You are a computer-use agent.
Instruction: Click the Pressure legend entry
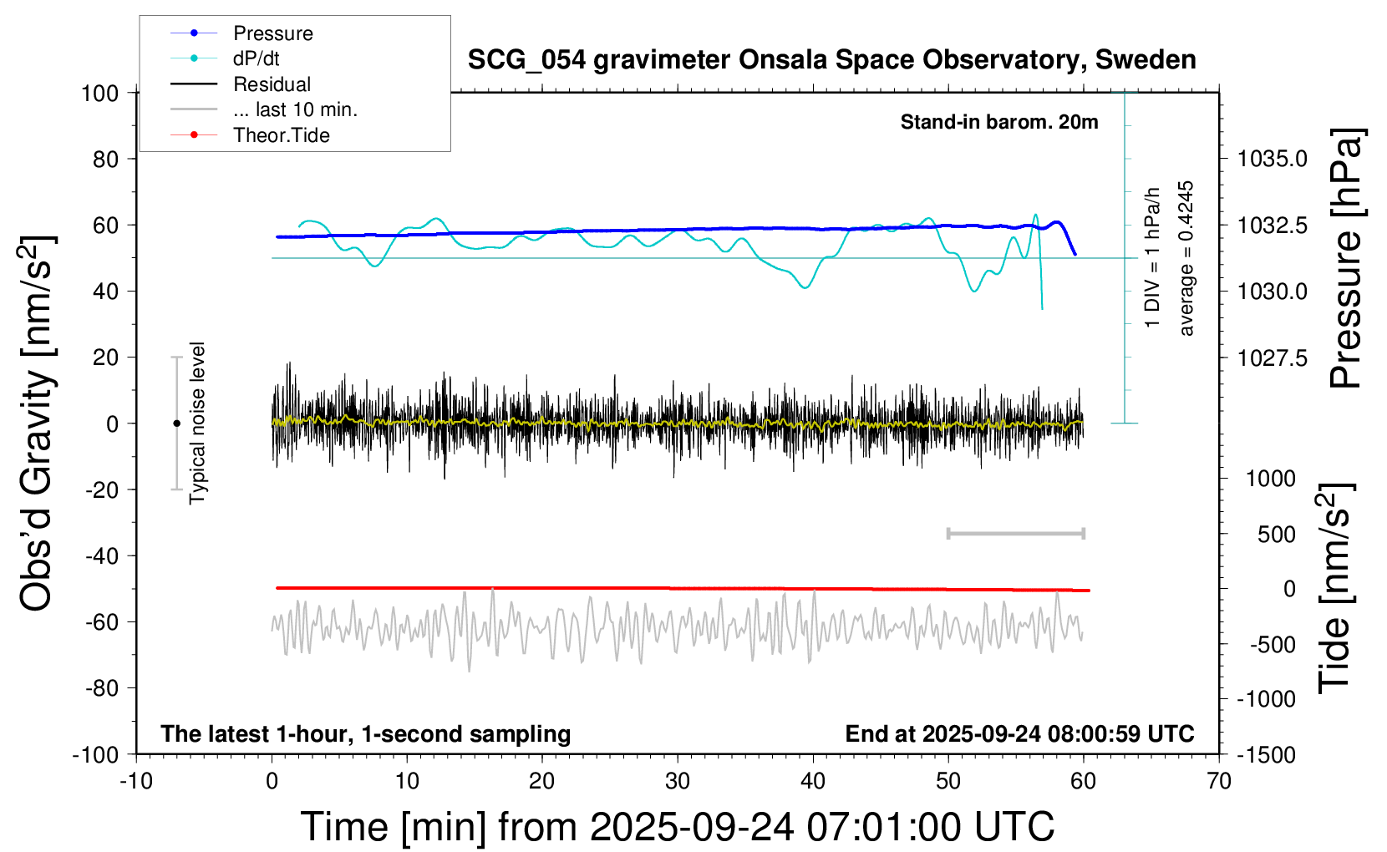272,33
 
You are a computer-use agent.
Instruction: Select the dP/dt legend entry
256,58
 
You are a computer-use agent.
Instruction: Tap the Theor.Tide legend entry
281,135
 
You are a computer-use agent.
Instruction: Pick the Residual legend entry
272,84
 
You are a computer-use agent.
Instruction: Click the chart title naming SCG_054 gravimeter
831,60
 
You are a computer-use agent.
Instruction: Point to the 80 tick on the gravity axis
105,159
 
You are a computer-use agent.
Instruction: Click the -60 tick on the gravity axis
101,621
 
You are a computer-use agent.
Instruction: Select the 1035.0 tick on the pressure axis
1272,159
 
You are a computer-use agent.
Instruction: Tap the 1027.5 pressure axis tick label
1272,358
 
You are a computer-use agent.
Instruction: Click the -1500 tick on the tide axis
1266,754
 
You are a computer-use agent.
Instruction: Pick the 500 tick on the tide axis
1276,535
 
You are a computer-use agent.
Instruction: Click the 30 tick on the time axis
678,782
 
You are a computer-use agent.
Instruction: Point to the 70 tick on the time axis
1219,782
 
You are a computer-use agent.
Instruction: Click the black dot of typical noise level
176,423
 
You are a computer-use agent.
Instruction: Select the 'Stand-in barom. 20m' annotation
999,122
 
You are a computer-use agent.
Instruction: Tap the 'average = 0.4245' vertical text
1186,259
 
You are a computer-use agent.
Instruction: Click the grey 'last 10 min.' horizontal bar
1016,533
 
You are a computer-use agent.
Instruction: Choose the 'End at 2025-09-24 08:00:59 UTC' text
1019,733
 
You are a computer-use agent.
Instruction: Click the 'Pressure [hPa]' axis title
1346,259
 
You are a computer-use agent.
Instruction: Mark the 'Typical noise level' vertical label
197,423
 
